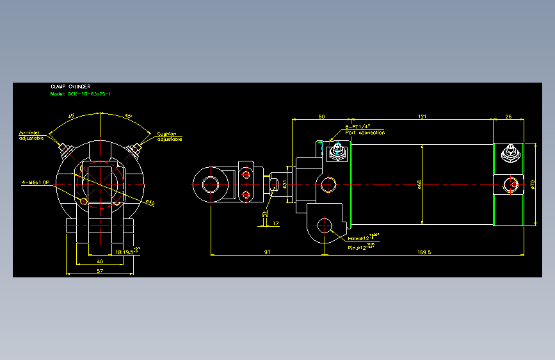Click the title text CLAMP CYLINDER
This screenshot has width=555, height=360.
[x=70, y=86]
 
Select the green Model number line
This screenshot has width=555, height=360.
[x=81, y=94]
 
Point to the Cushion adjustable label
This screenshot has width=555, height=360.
[x=170, y=136]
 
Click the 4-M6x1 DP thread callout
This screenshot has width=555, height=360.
[x=36, y=183]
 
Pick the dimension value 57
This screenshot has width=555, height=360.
[x=101, y=271]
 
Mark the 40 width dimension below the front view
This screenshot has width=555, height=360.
[x=100, y=261]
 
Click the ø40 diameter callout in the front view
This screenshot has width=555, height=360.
[x=150, y=203]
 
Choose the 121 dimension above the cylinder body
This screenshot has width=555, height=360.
[x=422, y=117]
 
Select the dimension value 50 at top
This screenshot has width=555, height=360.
[x=321, y=117]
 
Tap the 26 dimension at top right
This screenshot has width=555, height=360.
[x=508, y=117]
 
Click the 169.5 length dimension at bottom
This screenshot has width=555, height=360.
[x=424, y=252]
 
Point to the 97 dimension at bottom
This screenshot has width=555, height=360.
[x=268, y=252]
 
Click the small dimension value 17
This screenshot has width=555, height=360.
[x=276, y=223]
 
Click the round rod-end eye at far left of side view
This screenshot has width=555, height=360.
[x=211, y=184]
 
